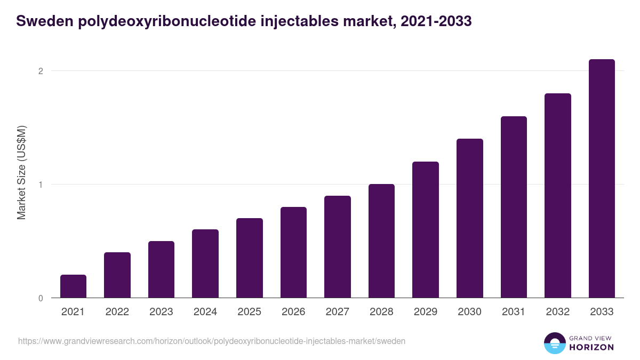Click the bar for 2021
coord(73,286)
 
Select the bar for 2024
coord(205,263)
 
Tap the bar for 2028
coord(381,241)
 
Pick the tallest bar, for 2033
coord(602,179)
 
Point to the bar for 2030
coord(469,218)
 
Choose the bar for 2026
coord(293,252)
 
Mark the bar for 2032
coord(557,196)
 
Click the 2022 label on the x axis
coord(117,312)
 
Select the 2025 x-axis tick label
coord(249,312)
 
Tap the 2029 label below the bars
coord(425,312)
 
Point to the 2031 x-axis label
coord(513,312)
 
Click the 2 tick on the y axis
coord(40,71)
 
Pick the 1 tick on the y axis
coord(40,185)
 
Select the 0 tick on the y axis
coord(40,298)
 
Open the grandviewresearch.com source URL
coord(212,341)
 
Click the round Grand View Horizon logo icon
coord(555,343)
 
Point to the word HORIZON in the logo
coord(591,347)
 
